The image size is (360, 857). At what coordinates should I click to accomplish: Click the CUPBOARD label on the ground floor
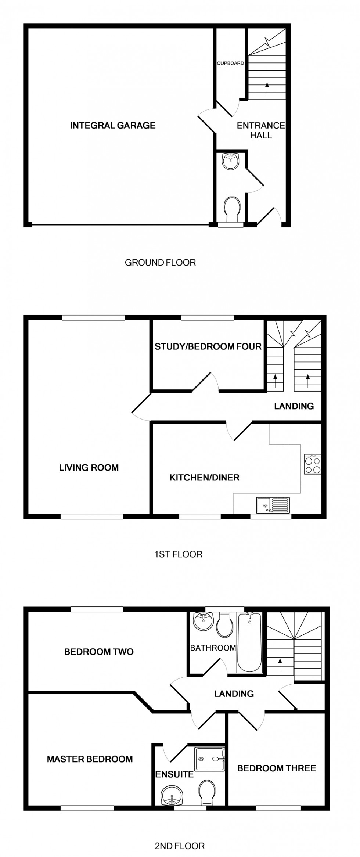230,63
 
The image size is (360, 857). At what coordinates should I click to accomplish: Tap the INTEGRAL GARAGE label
113,126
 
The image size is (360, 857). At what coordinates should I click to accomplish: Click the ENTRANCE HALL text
261,130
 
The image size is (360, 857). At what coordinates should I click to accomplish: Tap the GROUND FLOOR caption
160,263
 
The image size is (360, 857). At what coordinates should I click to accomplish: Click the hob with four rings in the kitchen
313,465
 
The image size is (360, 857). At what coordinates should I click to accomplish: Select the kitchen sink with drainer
273,505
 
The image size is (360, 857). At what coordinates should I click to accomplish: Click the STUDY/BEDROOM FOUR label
208,346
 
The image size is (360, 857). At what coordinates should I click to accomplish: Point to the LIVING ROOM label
89,468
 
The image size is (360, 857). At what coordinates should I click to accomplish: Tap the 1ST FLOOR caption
178,554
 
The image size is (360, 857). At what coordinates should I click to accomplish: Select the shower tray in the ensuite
210,759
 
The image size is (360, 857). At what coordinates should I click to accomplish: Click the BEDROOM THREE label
277,768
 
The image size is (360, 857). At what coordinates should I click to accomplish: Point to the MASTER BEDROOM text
90,759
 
